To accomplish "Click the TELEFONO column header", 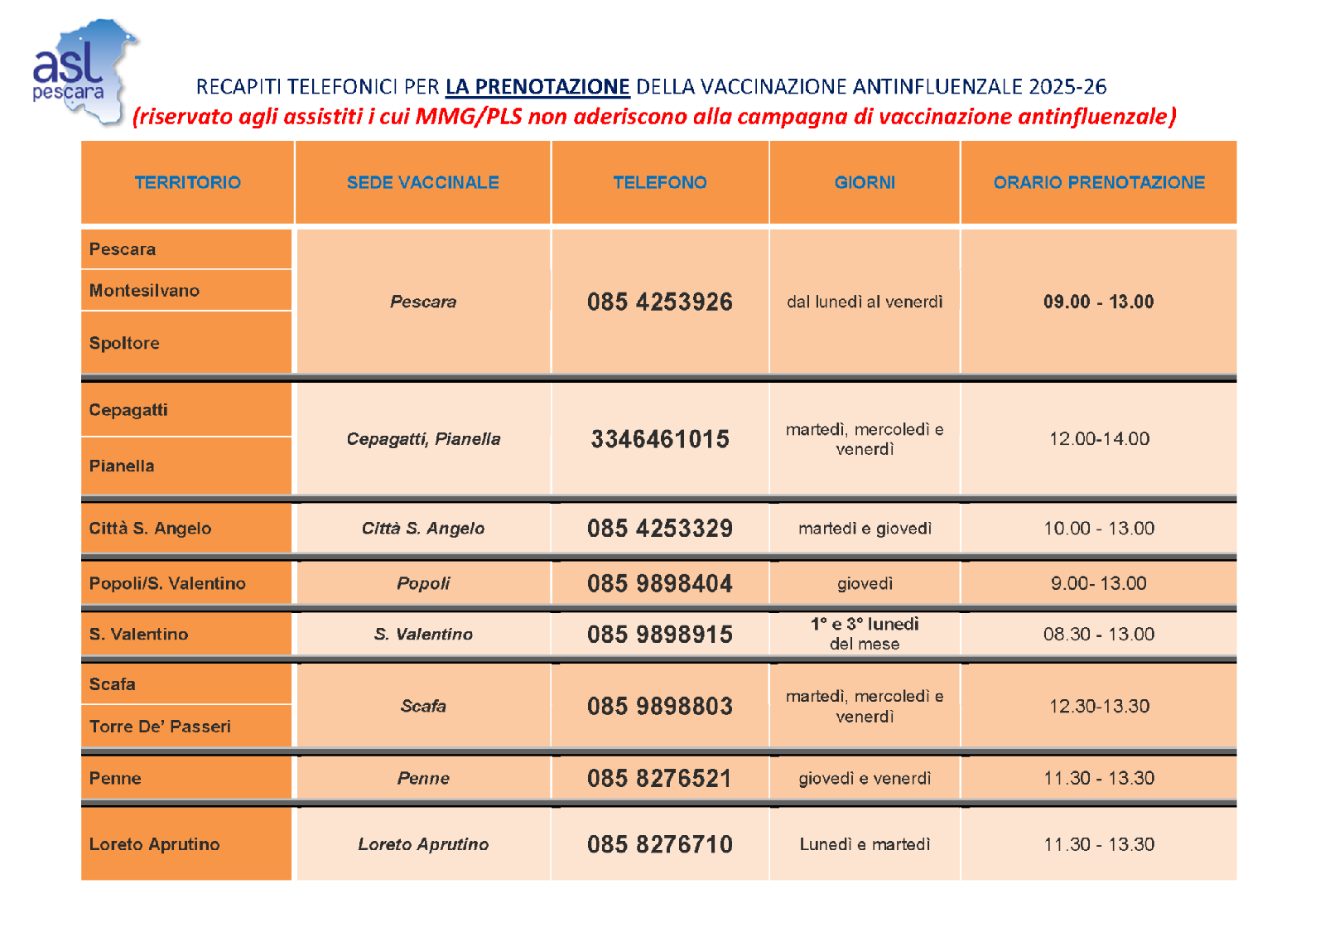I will tap(659, 182).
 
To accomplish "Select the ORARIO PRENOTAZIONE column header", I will tap(1098, 182).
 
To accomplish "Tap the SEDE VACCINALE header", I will tap(422, 182).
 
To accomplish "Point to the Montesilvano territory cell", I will tap(144, 291).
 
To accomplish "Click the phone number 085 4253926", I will tap(659, 302).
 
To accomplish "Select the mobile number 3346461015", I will tap(659, 439).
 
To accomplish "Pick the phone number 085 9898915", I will tap(659, 635).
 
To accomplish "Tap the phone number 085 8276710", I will tap(659, 844).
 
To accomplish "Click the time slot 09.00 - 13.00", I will tap(1098, 302).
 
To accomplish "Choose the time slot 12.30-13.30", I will tap(1098, 707).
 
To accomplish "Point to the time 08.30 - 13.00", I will tap(1098, 635).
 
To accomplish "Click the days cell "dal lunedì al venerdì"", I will tap(864, 302).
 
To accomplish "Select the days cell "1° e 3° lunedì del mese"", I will tap(864, 634).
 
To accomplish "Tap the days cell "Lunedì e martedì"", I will tap(864, 844).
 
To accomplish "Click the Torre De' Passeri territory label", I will tap(160, 727).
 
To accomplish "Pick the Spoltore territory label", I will tap(124, 343).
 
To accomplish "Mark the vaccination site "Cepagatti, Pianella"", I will tap(422, 439).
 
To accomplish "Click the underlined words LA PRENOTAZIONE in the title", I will tap(537, 87).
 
